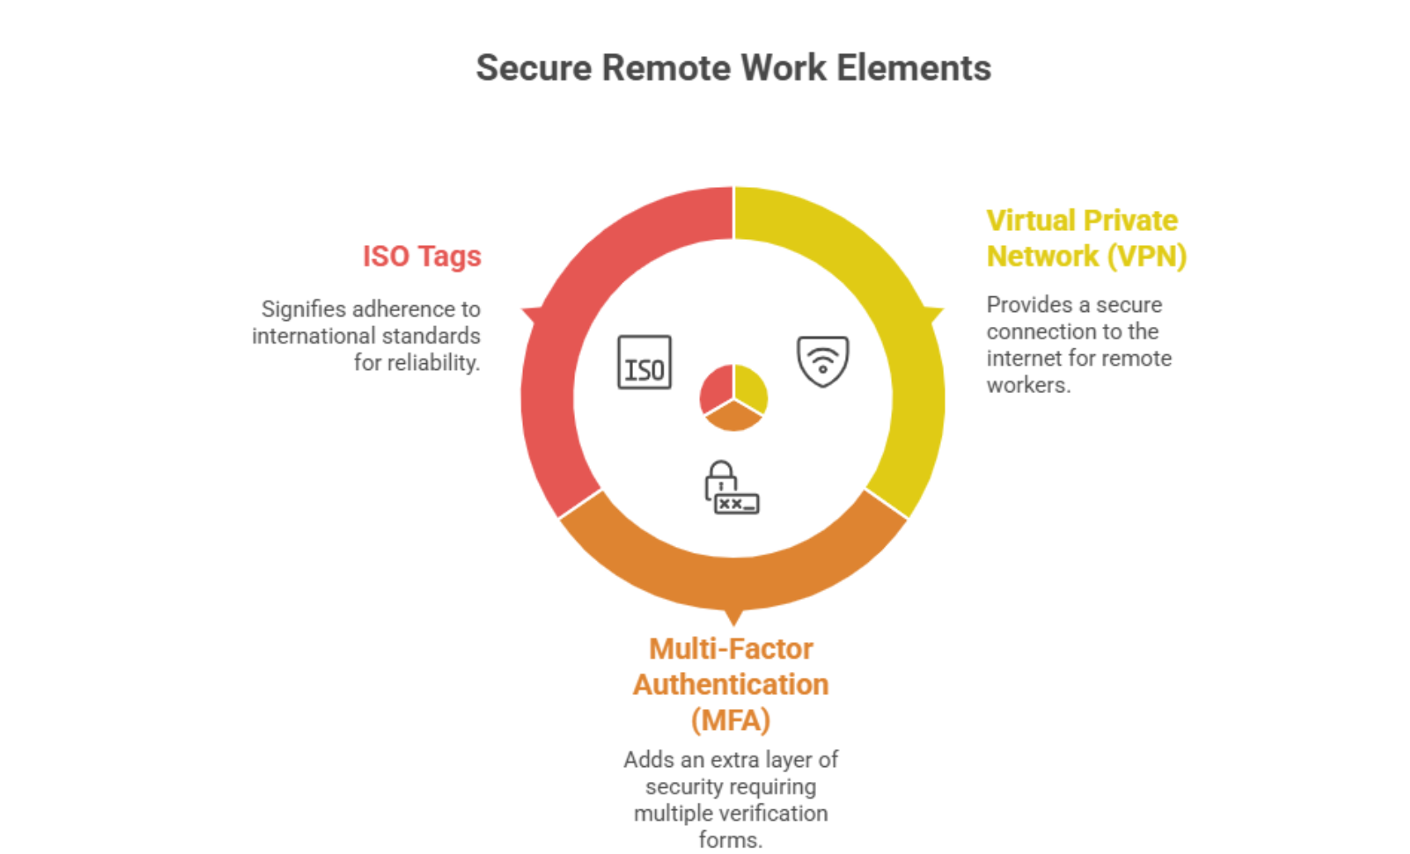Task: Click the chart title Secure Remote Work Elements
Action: point(733,68)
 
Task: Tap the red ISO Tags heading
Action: point(421,257)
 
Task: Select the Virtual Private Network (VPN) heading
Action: point(1086,238)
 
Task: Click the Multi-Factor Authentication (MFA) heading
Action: point(731,684)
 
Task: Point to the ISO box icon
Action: point(644,362)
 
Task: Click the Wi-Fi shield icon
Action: point(822,361)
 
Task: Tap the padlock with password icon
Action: point(731,487)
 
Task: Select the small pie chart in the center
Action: point(733,397)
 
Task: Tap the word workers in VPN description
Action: point(1028,386)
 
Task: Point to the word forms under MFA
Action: point(729,840)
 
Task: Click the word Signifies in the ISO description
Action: point(303,309)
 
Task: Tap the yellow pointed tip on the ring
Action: point(936,314)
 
